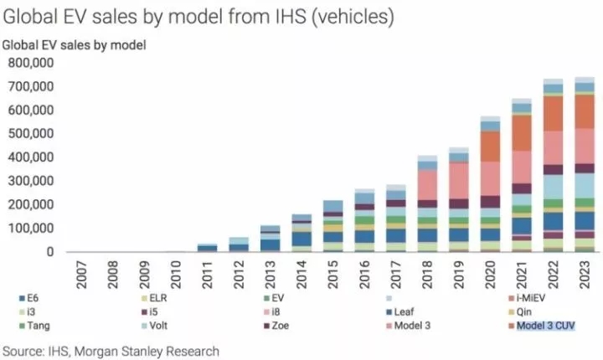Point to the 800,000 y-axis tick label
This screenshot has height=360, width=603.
[31, 62]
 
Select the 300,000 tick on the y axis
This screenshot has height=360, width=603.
[31, 181]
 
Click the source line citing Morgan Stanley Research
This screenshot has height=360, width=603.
[112, 351]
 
